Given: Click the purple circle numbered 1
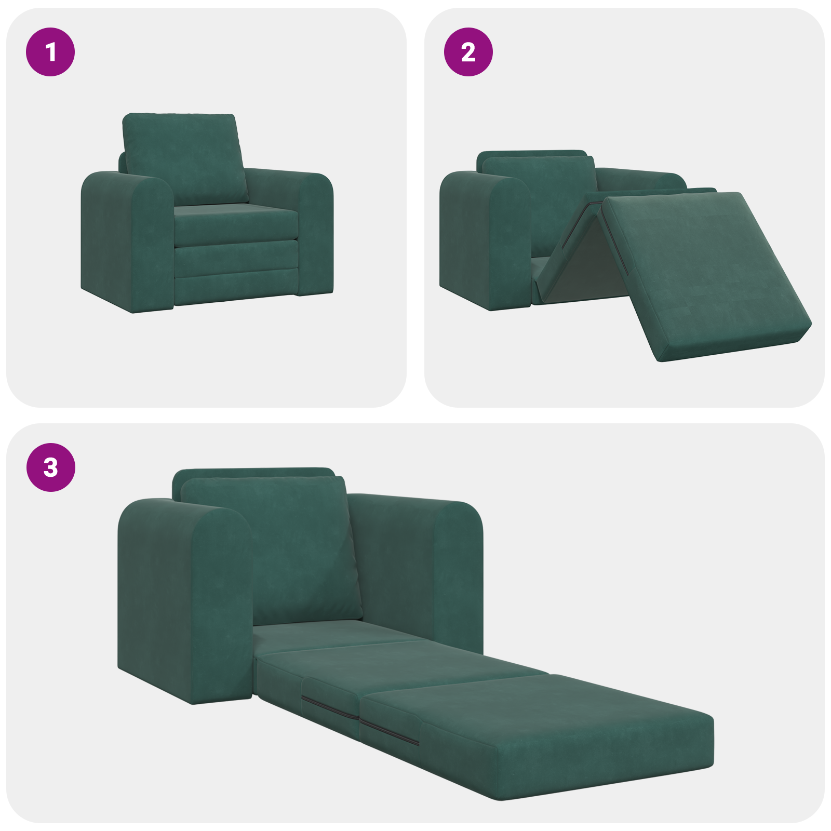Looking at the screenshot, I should [x=50, y=52].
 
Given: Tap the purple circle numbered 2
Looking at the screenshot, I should [x=468, y=52].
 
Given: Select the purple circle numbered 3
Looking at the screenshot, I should [x=50, y=467].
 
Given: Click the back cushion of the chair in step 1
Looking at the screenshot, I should [x=184, y=158].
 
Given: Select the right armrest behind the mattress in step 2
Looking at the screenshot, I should [x=639, y=179].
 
